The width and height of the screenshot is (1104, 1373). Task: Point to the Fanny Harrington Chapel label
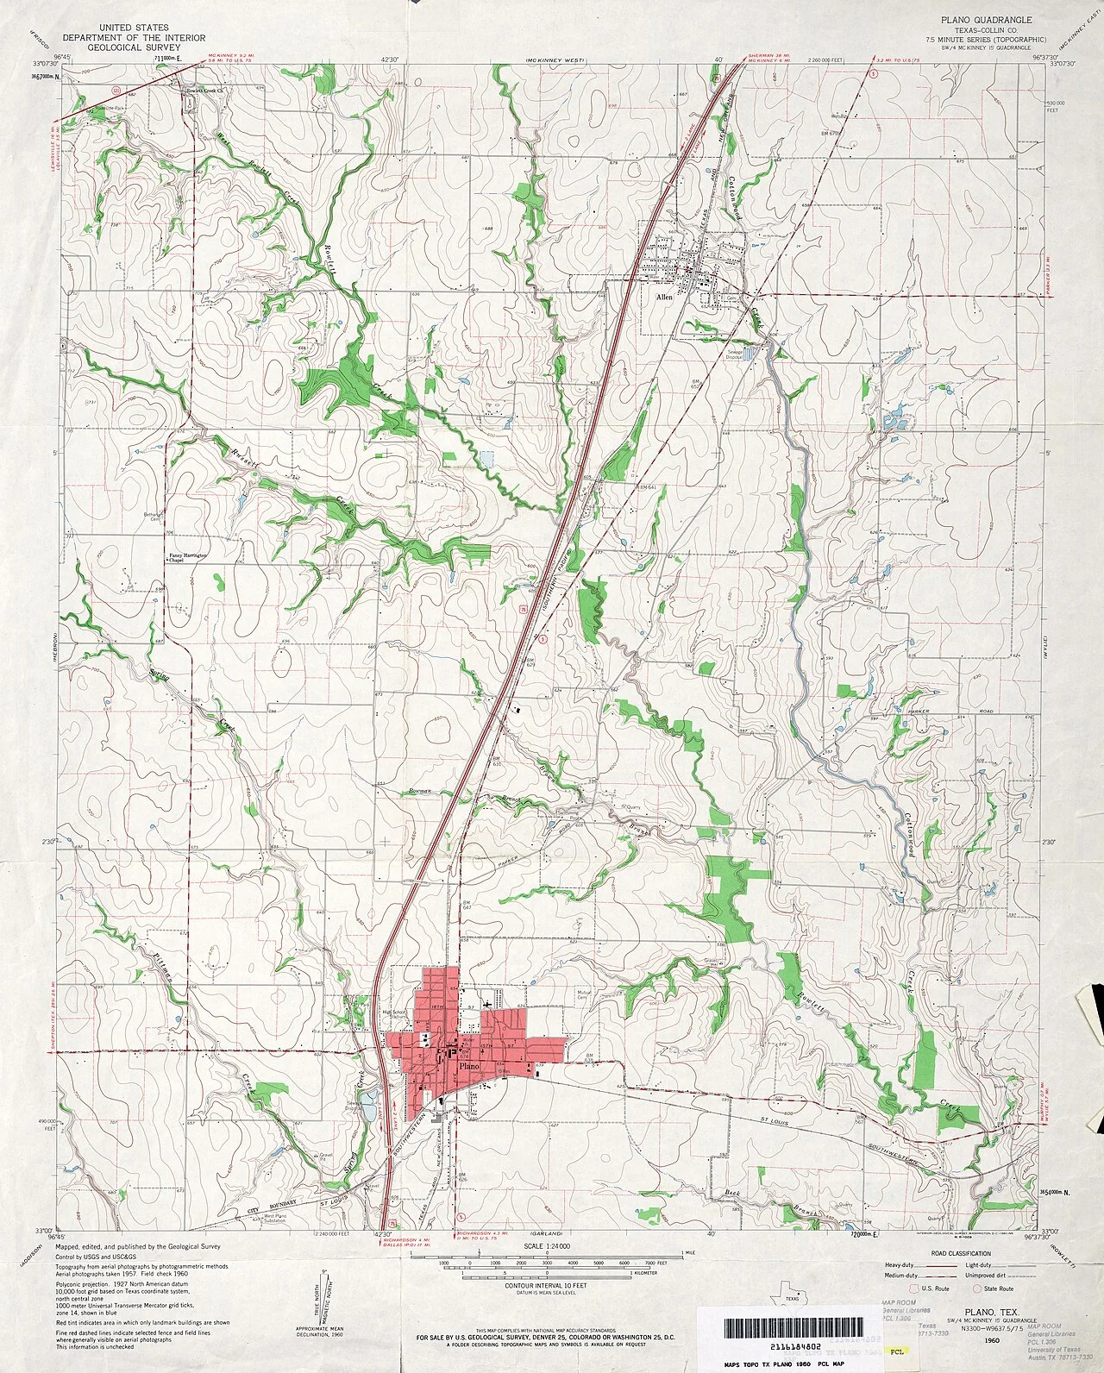[x=188, y=557]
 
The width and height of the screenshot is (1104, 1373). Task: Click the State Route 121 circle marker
[x=116, y=89]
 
